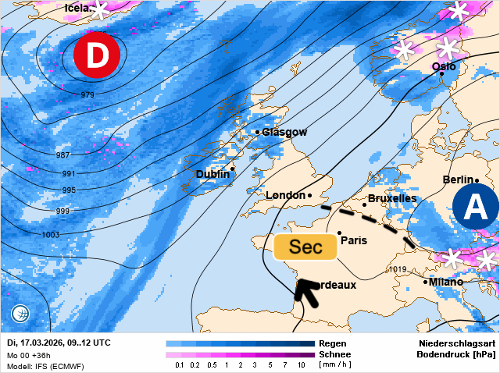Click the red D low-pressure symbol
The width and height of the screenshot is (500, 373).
tap(96, 57)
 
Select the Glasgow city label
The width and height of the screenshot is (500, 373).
tap(284, 133)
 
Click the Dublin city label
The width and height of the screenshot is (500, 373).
tap(212, 175)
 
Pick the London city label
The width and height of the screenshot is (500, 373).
tap(285, 195)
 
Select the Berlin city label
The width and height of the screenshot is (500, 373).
tap(459, 180)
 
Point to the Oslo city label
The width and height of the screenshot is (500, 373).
tap(444, 67)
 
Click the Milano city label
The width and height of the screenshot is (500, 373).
tap(446, 282)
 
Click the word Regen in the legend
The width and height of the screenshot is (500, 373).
tap(333, 343)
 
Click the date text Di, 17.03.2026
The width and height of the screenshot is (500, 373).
tap(36, 343)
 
